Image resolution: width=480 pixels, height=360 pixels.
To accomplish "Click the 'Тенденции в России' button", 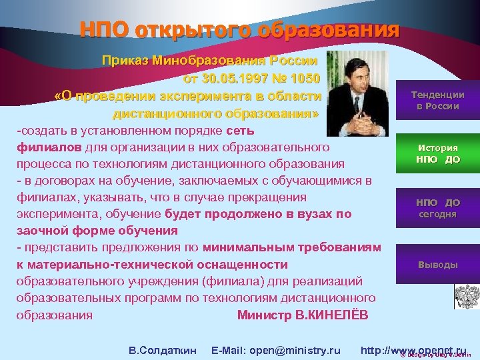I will (437, 101).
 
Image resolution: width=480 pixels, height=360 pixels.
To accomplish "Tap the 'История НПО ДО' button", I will (437, 154).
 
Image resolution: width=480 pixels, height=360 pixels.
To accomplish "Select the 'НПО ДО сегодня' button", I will (437, 208).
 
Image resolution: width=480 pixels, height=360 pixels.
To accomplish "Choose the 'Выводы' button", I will (437, 265).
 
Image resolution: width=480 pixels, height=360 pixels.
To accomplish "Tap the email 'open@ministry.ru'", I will (295, 350).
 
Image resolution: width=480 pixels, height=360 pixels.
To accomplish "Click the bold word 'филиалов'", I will (49, 147).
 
